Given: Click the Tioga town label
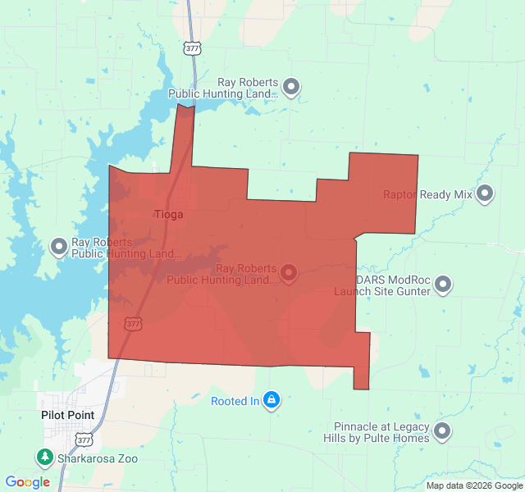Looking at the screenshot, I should click(169, 214).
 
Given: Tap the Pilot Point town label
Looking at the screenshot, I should click(67, 415).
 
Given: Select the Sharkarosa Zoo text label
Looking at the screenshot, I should click(97, 458).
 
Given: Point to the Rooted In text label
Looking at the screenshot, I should click(235, 401).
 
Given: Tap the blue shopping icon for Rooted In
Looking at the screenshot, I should click(272, 400).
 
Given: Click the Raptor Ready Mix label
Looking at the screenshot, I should click(427, 194).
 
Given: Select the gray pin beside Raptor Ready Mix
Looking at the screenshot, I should click(485, 194).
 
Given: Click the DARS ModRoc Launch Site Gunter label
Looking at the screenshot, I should click(381, 285).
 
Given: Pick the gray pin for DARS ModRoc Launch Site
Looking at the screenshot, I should click(443, 285).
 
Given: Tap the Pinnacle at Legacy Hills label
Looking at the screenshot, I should click(381, 432).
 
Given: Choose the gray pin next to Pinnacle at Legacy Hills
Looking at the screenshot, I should click(443, 431).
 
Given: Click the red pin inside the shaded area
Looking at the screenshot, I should click(289, 272).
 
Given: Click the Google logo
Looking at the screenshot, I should click(27, 482).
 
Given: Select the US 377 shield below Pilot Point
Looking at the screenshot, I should click(84, 440).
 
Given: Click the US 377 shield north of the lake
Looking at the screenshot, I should click(192, 48).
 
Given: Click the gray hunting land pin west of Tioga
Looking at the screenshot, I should click(59, 246).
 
